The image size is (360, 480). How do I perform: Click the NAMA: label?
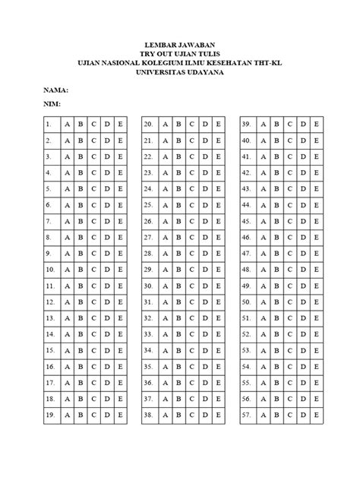click(x=57, y=89)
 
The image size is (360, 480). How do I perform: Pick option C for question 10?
click(x=93, y=270)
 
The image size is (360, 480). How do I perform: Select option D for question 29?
click(x=205, y=270)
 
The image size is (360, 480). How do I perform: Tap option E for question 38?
click(x=219, y=416)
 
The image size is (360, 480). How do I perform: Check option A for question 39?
click(x=263, y=124)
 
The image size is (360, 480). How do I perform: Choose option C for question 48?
click(x=289, y=270)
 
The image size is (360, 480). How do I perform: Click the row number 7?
click(x=48, y=221)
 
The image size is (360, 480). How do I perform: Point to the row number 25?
click(x=149, y=205)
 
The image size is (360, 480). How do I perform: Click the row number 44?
click(x=246, y=205)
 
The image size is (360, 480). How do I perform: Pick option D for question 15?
click(x=107, y=351)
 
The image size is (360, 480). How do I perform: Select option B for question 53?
click(x=276, y=351)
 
